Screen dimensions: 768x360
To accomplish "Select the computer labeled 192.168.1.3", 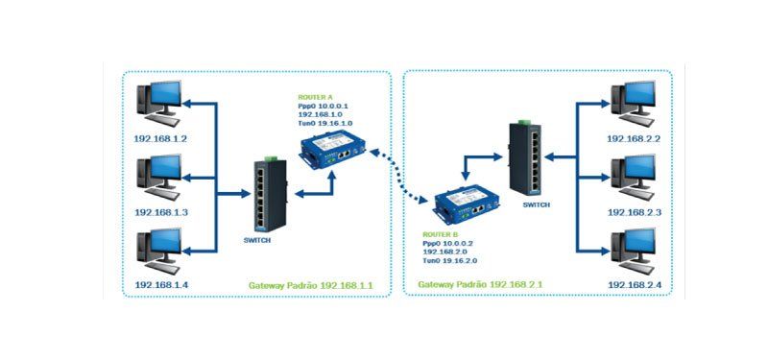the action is (159, 179).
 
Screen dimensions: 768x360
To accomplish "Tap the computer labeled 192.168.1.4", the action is (159, 251).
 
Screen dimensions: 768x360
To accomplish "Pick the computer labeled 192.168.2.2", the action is (634, 105).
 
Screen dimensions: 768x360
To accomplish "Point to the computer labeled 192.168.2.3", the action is (634, 178).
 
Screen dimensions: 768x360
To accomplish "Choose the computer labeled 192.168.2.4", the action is (634, 251).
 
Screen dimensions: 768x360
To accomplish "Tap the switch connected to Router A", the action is (270, 194).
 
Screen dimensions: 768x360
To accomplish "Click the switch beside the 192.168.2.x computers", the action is (526, 157).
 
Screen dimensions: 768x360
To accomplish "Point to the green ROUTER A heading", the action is (312, 98).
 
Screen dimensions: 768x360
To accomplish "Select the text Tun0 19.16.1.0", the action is (324, 124).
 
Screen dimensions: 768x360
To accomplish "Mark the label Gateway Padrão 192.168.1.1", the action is (310, 285).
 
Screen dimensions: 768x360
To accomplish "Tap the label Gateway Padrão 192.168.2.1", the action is (479, 284).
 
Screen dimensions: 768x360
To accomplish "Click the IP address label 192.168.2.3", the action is (635, 212).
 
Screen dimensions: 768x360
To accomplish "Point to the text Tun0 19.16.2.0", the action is (449, 261).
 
